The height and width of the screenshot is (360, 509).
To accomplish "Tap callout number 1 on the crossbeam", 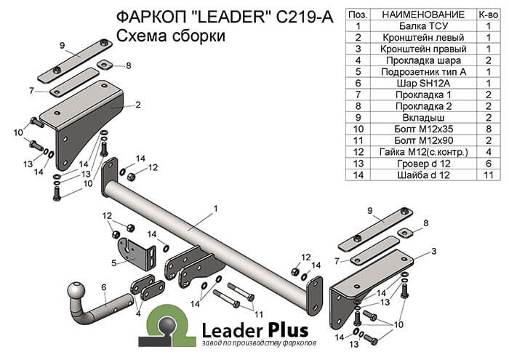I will [x=215, y=209].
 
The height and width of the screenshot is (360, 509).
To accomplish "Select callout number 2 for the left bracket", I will [x=137, y=105].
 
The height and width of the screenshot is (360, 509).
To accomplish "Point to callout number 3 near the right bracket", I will [x=433, y=251].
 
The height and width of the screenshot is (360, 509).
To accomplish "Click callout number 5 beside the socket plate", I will [x=114, y=263].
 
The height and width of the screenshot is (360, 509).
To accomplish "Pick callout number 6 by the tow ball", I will [x=103, y=287].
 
